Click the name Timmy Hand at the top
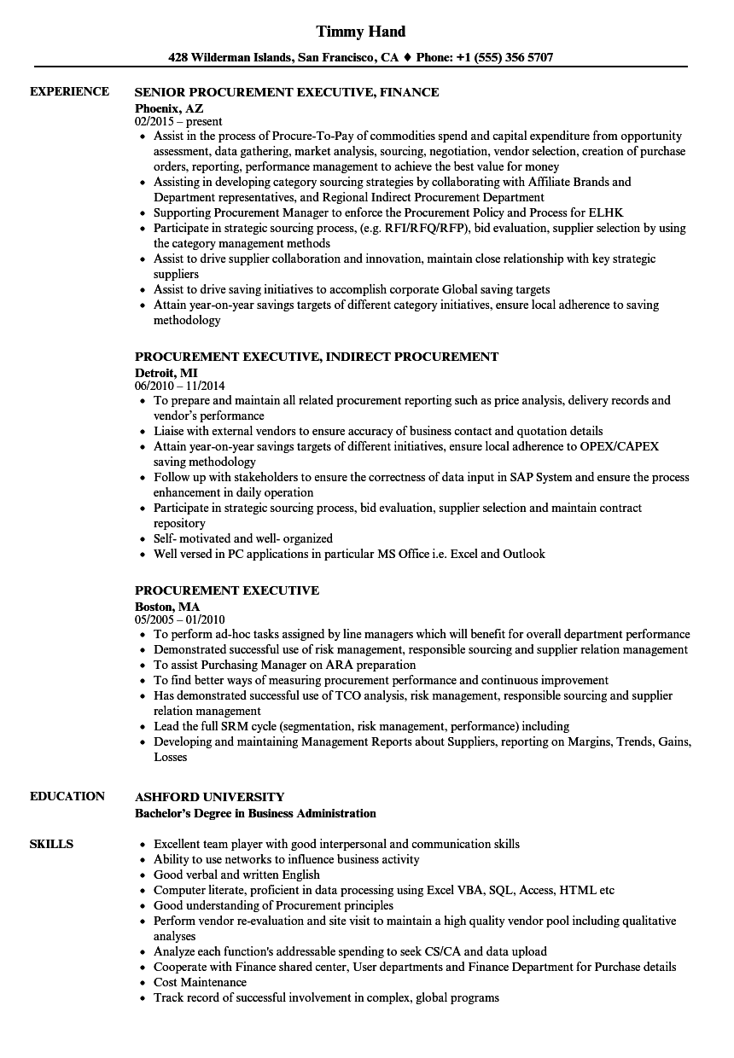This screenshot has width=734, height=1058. [361, 32]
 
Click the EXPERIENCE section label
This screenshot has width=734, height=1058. [69, 91]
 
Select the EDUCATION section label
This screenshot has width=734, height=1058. [67, 796]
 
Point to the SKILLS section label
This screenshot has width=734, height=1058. [51, 844]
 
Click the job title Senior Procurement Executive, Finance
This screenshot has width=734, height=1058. [287, 92]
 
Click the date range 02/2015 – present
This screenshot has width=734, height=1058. [179, 122]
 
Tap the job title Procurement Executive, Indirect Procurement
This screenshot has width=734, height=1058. [317, 357]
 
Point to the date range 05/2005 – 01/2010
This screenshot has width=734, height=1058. [180, 620]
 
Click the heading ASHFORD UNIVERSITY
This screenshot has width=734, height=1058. [210, 797]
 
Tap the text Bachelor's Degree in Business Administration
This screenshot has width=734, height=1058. [256, 813]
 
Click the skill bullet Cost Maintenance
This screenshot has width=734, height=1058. [201, 982]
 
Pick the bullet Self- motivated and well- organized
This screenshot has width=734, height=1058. [243, 538]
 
